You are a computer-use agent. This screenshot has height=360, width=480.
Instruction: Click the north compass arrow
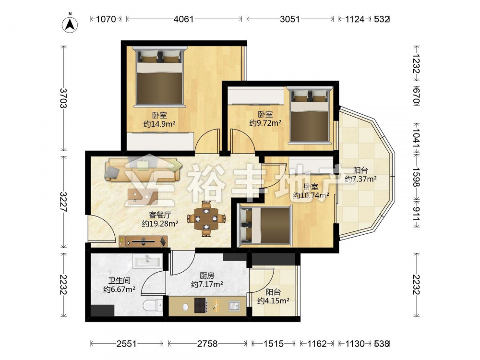(70, 24)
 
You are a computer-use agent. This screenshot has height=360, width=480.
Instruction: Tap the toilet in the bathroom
(153, 305)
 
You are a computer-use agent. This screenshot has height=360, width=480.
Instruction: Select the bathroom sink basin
(146, 262)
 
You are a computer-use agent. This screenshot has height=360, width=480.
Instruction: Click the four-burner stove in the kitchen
(201, 305)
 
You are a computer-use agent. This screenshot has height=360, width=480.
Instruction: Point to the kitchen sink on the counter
(234, 305)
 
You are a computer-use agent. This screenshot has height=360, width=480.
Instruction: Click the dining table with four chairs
(206, 219)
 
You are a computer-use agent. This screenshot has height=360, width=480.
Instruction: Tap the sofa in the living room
(143, 170)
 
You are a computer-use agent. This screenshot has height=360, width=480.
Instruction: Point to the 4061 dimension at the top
(184, 19)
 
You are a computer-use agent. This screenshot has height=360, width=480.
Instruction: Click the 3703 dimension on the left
(63, 98)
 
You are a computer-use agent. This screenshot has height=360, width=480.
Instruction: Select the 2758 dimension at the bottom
(207, 344)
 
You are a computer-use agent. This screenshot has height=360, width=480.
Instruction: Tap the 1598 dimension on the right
(416, 177)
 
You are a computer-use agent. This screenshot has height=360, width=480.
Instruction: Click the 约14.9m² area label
(159, 124)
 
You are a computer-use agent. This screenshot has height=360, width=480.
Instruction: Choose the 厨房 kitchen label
(207, 275)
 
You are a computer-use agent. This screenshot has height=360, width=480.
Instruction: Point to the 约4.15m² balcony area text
(274, 300)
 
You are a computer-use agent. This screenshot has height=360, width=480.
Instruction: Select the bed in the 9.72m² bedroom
(310, 115)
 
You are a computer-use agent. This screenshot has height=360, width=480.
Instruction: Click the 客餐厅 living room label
(160, 215)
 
